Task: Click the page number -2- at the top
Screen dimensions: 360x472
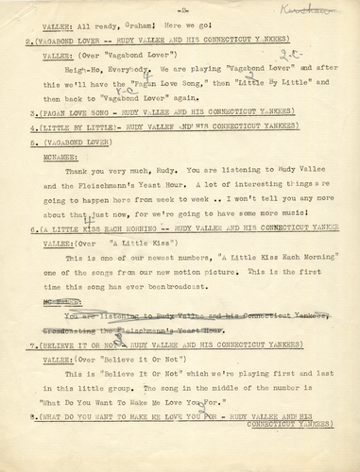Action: click(x=180, y=13)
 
